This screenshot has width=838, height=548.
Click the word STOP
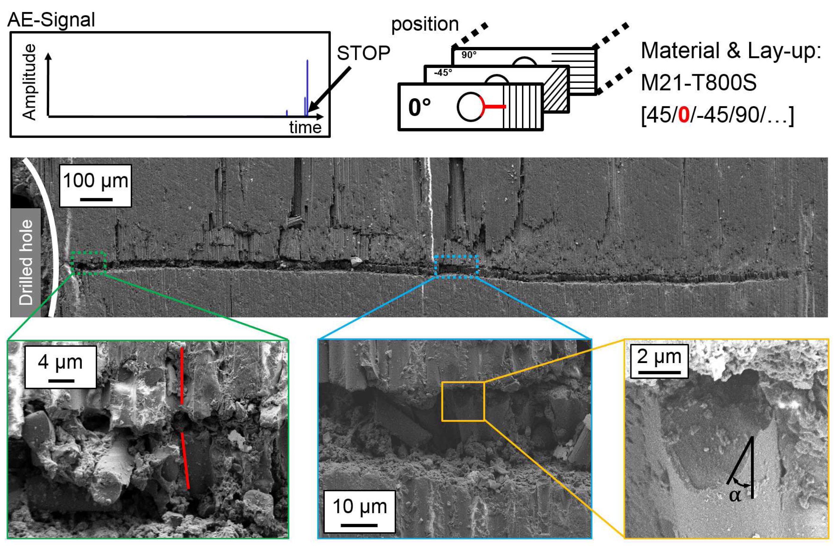[363, 54]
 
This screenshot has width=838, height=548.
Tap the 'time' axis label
[305, 127]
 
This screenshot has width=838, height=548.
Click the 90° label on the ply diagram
[469, 55]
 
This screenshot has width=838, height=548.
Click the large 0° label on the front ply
[419, 107]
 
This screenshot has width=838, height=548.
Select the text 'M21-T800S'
[699, 83]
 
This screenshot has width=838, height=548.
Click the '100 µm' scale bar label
[95, 181]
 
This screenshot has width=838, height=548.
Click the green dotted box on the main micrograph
[88, 263]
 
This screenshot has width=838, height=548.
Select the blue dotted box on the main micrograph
[456, 267]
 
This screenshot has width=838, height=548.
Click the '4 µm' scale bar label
[60, 362]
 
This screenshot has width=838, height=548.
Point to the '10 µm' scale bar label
[359, 506]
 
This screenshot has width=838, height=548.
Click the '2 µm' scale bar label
[659, 356]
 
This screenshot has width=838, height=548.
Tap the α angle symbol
[735, 495]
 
